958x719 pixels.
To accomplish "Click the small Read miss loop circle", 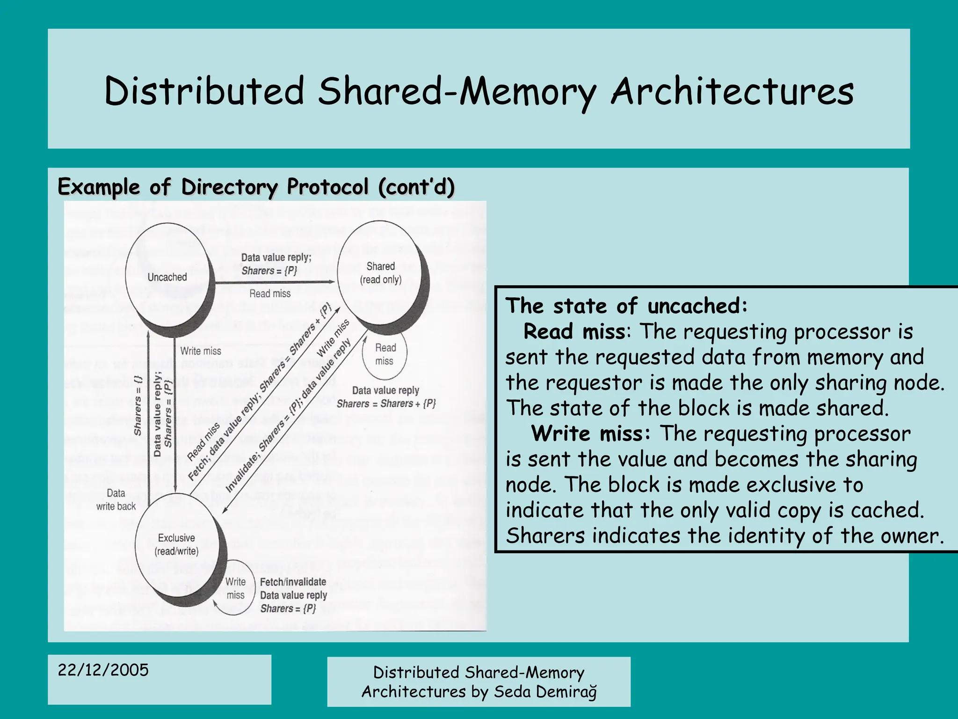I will (385, 354).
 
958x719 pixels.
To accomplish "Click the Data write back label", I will (116, 499).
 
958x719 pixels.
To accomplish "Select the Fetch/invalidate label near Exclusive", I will (293, 582).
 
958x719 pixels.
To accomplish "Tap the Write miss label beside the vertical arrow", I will (201, 351).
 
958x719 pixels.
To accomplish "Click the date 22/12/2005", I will (103, 670).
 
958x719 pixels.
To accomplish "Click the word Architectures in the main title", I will (732, 91).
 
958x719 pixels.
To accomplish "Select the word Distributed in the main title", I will (204, 91).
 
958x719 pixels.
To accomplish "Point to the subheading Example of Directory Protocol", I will (255, 187).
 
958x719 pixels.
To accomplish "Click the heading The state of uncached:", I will (626, 306).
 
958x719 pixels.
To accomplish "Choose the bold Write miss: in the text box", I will (591, 433).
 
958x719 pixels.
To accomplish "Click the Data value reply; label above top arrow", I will (276, 257).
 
